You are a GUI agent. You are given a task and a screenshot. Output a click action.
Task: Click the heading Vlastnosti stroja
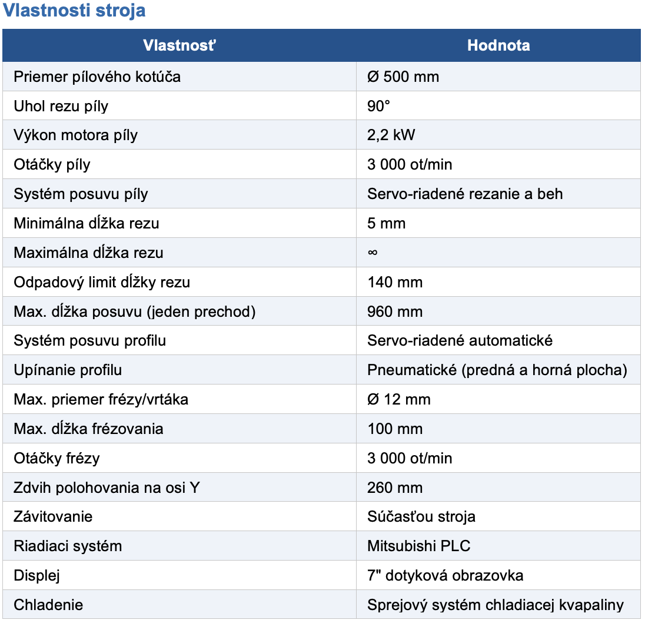pyautogui.click(x=74, y=11)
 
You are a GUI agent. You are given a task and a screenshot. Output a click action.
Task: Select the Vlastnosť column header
pyautogui.click(x=179, y=45)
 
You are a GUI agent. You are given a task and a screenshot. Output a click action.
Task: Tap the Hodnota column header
pyautogui.click(x=498, y=45)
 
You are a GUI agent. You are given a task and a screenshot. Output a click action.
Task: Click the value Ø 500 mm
pyautogui.click(x=403, y=77)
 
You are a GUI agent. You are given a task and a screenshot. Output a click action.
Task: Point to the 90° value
pyautogui.click(x=379, y=106)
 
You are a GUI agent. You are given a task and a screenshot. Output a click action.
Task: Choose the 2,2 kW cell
pyautogui.click(x=391, y=135)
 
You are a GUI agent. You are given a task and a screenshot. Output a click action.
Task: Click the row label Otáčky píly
pyautogui.click(x=52, y=164)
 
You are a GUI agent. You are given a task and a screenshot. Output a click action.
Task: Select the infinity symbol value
pyautogui.click(x=372, y=253)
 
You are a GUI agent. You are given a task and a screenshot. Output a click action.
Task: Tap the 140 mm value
pyautogui.click(x=395, y=282)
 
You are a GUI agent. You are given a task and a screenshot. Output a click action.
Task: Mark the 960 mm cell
pyautogui.click(x=395, y=311)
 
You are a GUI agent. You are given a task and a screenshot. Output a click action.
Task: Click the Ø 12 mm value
pyautogui.click(x=399, y=399)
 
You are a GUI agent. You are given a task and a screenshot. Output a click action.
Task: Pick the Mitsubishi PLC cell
pyautogui.click(x=419, y=546)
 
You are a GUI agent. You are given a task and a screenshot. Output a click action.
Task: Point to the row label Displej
pyautogui.click(x=37, y=575)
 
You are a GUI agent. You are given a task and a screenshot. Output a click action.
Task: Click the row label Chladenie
pyautogui.click(x=48, y=605)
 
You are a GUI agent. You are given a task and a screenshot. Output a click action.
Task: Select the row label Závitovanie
pyautogui.click(x=53, y=516)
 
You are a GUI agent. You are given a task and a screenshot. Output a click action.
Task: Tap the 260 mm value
pyautogui.click(x=395, y=488)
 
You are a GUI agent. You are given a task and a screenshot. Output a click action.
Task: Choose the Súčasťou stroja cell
pyautogui.click(x=421, y=516)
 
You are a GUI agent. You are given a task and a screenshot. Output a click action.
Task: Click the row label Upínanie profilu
pyautogui.click(x=68, y=370)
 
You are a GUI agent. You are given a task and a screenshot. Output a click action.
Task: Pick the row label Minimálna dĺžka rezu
pyautogui.click(x=87, y=223)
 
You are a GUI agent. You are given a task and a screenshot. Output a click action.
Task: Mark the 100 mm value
pyautogui.click(x=395, y=429)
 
